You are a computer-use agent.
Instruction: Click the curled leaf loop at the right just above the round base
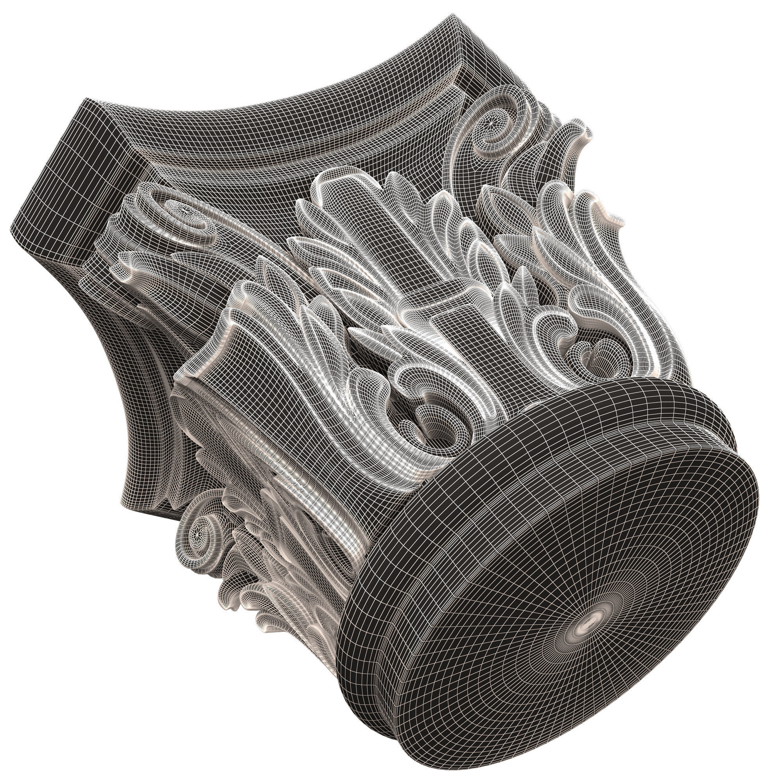click(x=595, y=356)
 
